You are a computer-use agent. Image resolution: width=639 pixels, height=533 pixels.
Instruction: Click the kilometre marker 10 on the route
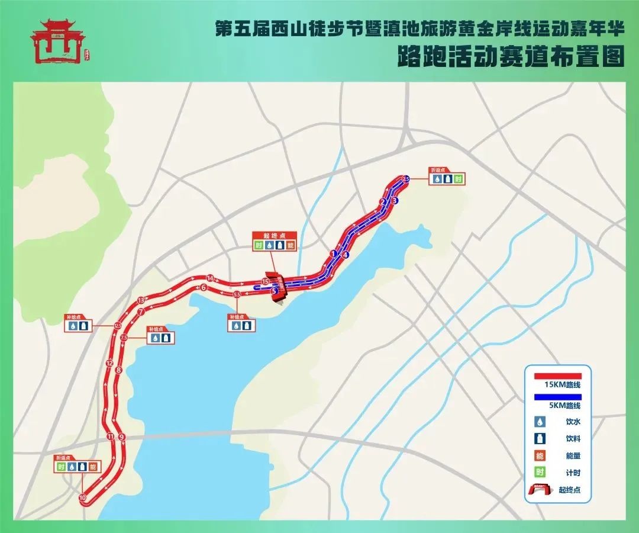click(x=82, y=498)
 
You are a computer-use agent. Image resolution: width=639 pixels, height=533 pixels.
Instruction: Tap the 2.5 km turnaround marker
click(x=405, y=179)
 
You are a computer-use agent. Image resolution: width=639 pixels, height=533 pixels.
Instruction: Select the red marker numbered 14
click(x=209, y=278)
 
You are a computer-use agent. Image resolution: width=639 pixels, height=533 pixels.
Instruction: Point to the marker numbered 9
click(x=122, y=437)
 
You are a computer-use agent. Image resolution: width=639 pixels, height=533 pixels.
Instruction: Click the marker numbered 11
click(x=110, y=436)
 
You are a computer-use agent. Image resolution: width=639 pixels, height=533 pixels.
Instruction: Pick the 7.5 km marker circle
click(x=124, y=337)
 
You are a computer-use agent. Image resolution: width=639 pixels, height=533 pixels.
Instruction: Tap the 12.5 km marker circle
click(x=118, y=326)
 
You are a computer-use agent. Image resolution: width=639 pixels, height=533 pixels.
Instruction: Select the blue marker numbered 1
click(x=334, y=253)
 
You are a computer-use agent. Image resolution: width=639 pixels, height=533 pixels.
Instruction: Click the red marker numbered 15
click(x=266, y=281)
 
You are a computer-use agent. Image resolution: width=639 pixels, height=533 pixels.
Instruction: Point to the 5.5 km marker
click(x=237, y=294)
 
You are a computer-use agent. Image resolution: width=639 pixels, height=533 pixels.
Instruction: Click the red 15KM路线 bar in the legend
click(x=557, y=376)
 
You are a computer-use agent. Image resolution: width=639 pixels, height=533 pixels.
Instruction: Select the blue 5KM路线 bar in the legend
click(x=557, y=397)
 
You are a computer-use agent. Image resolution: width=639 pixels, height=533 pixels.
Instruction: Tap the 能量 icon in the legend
click(x=540, y=455)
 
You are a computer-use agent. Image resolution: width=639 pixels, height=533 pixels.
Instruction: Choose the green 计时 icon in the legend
click(x=540, y=472)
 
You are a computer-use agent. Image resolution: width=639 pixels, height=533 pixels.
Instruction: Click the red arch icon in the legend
click(x=540, y=489)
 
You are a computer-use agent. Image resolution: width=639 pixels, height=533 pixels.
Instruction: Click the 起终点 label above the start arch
click(x=274, y=235)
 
